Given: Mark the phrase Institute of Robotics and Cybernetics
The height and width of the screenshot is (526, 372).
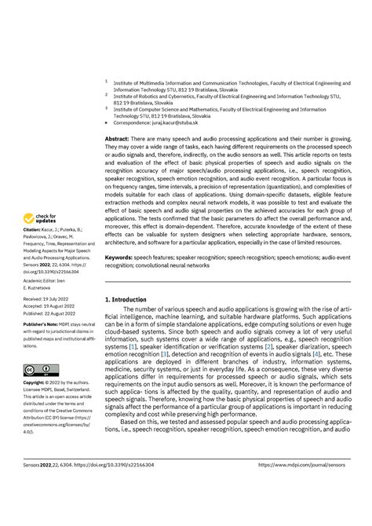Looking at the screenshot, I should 162,94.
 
